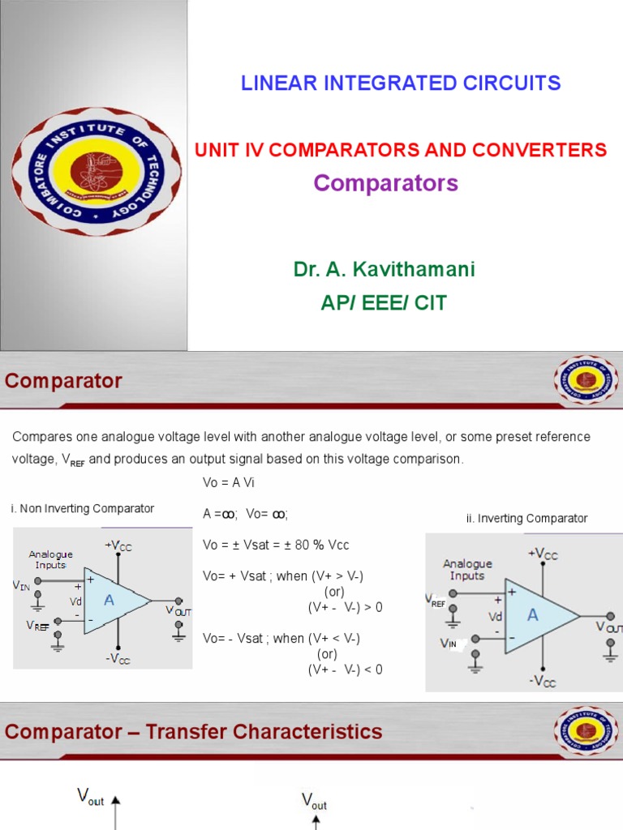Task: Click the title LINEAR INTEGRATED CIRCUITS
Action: (x=401, y=83)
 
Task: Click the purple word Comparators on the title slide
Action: (x=385, y=183)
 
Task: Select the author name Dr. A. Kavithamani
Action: (x=384, y=270)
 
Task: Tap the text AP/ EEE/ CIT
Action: (x=384, y=303)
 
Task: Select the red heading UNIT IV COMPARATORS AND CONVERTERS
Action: (x=400, y=150)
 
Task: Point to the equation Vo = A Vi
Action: (x=229, y=482)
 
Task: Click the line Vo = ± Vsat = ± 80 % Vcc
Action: (x=276, y=545)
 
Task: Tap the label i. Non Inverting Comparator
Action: (x=83, y=508)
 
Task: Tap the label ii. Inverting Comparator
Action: (x=526, y=518)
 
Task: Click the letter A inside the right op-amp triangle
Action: (x=532, y=615)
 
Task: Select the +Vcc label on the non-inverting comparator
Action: (x=118, y=545)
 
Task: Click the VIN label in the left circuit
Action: (x=21, y=585)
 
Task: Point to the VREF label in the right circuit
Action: (x=436, y=600)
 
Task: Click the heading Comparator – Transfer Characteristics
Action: (x=193, y=732)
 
